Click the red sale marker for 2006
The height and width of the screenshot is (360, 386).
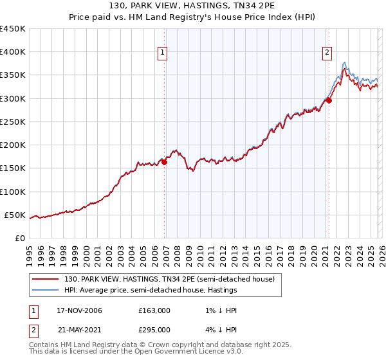point(165,163)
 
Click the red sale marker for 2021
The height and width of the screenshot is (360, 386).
point(329,100)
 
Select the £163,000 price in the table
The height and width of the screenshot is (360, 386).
point(154,310)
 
